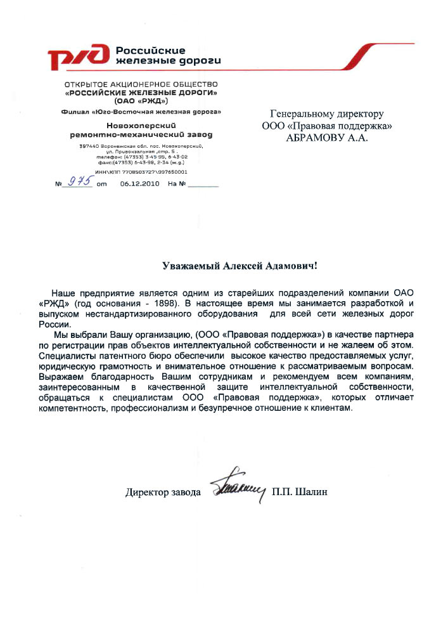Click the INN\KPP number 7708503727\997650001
pyautogui.click(x=150, y=171)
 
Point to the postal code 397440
pyautogui.click(x=87, y=146)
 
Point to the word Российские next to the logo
pyautogui.click(x=151, y=51)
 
